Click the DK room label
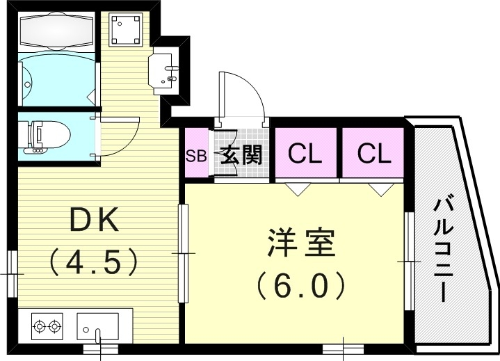tap(95, 222)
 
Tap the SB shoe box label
tap(195, 154)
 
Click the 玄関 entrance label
tap(241, 154)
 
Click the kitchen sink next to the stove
tap(97, 325)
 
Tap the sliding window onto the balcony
tap(410, 261)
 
